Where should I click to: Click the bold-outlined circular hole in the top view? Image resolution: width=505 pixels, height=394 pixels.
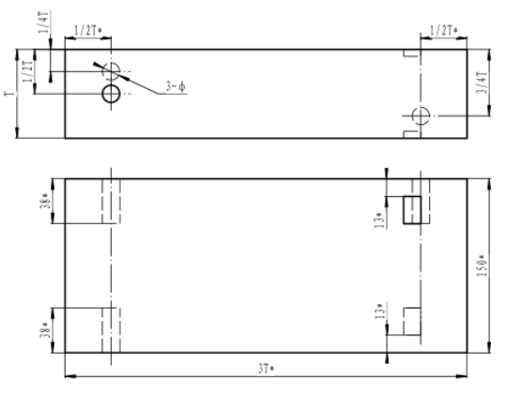tap(112, 94)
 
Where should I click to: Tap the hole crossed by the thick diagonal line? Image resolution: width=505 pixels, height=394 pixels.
tap(112, 70)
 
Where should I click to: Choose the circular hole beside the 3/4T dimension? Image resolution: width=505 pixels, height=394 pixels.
tap(421, 114)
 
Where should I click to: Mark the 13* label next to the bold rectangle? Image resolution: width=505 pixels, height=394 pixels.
tap(379, 217)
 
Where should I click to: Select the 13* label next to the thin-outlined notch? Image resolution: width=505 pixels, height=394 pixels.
tap(379, 311)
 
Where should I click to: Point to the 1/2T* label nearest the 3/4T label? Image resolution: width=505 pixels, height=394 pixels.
tap(442, 30)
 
